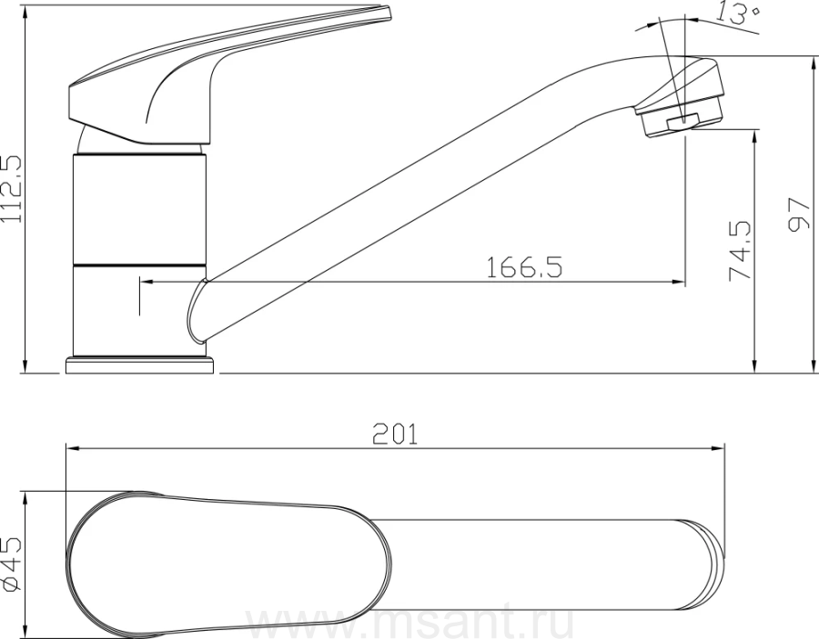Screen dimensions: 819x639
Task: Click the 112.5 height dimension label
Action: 12,189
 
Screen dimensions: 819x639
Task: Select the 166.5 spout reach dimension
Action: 524,267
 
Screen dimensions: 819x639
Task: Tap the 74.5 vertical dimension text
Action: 740,251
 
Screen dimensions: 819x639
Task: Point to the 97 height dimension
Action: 798,214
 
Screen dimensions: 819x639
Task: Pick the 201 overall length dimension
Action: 396,434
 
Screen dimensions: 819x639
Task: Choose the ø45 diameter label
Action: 12,564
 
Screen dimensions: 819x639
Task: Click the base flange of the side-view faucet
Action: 140,365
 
